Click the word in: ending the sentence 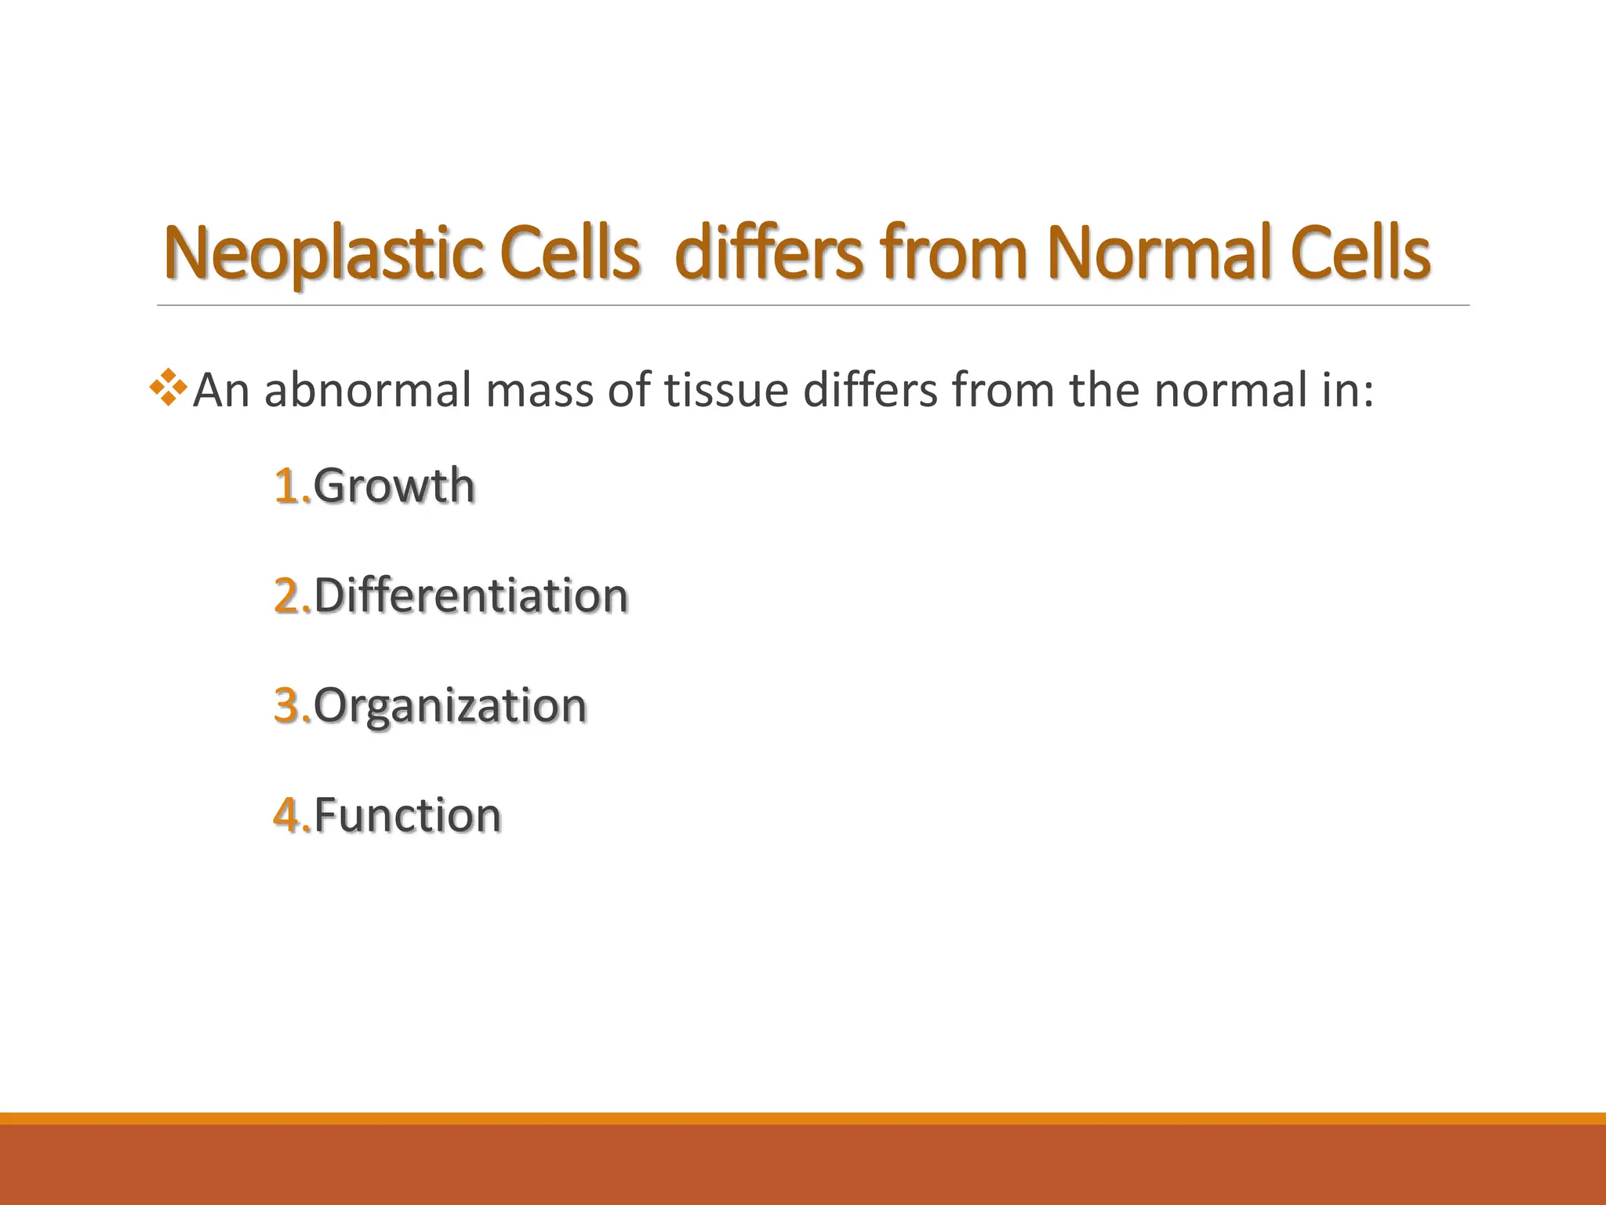(x=1345, y=391)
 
